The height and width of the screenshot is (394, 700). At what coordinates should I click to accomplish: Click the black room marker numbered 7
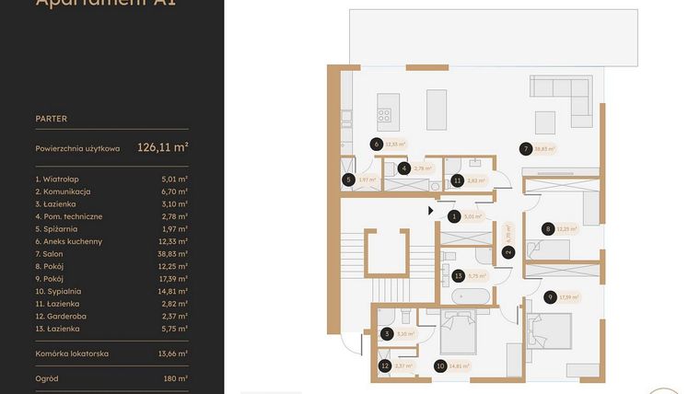[x=525, y=148]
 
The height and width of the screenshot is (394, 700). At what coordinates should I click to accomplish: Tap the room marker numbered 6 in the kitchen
[x=376, y=144]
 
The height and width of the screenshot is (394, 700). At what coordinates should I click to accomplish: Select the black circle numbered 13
[x=458, y=274]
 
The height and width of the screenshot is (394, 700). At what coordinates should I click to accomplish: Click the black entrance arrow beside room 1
[x=430, y=211]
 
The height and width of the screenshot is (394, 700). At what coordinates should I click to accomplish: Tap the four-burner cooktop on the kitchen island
[x=383, y=116]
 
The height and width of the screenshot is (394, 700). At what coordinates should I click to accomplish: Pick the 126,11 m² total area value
[x=163, y=146]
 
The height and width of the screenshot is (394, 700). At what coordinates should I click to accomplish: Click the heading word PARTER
[x=52, y=119]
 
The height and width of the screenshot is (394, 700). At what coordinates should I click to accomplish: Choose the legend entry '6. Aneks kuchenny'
[x=69, y=241]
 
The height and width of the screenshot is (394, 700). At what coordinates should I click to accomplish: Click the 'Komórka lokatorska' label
[x=72, y=353]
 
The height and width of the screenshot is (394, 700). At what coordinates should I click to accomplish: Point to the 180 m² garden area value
[x=175, y=377]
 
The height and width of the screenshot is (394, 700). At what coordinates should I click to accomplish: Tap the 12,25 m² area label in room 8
[x=567, y=228]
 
